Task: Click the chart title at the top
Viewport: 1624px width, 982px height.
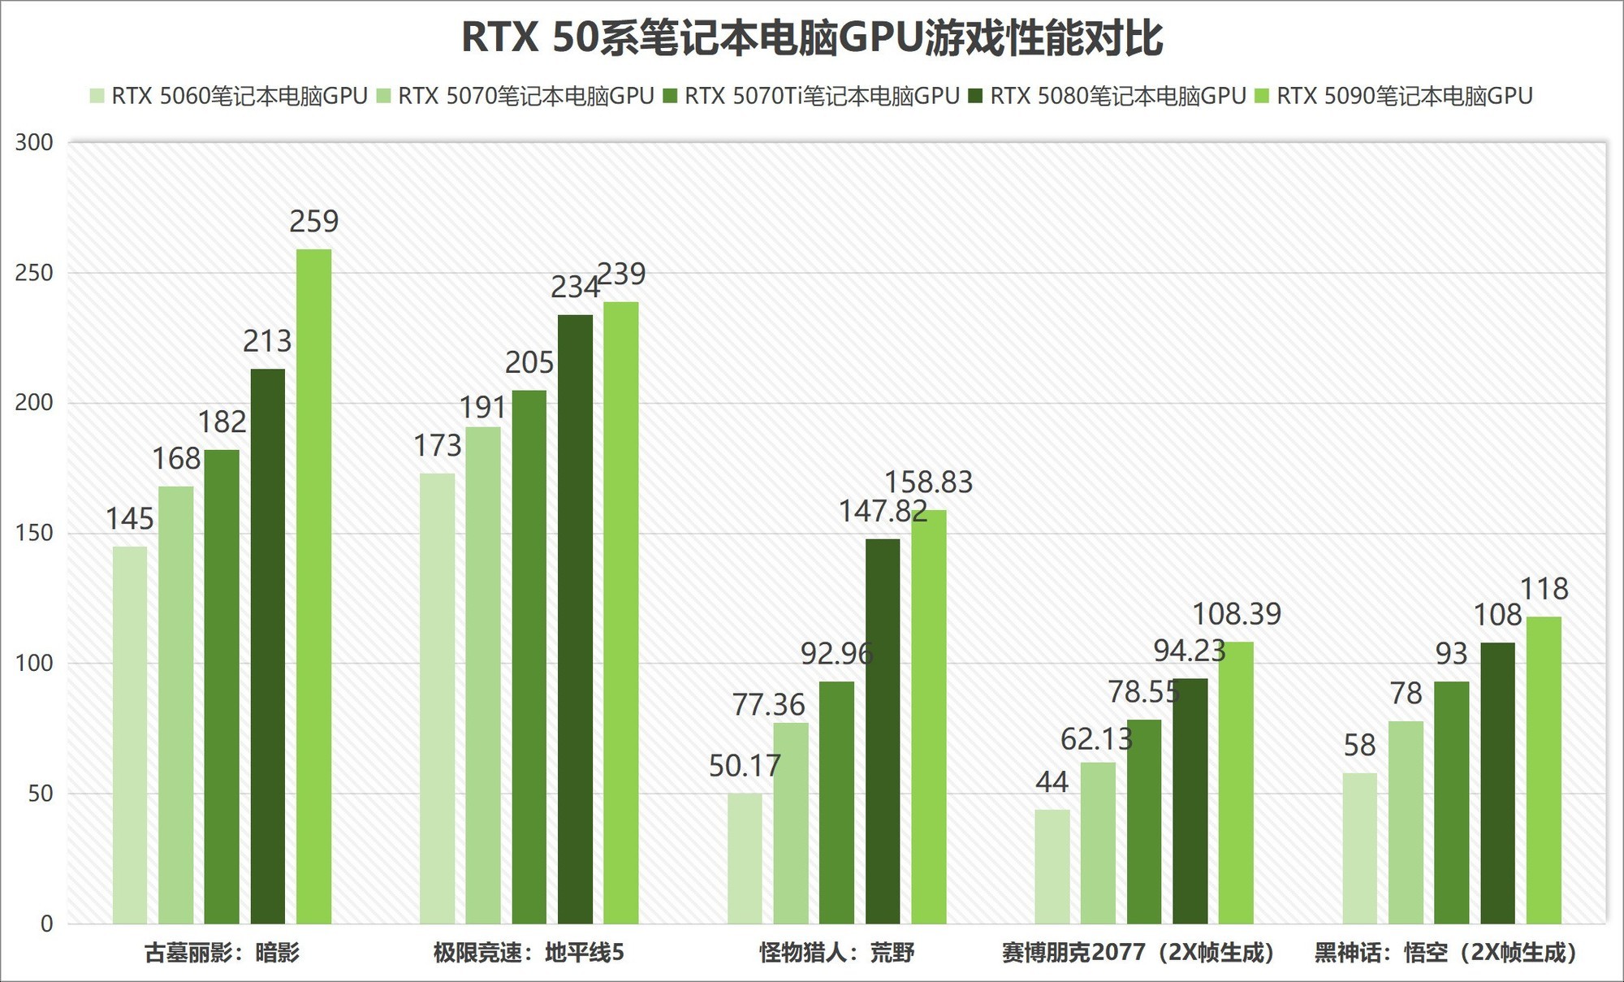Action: click(812, 38)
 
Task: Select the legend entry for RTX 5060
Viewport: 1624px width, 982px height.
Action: click(230, 96)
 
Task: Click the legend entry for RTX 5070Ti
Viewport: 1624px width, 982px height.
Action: click(812, 96)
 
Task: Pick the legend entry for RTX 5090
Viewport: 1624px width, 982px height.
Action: click(1394, 96)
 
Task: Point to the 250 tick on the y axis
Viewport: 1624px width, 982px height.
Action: click(34, 273)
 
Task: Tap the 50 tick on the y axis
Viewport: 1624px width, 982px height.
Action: click(41, 794)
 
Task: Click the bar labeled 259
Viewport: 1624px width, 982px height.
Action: click(313, 585)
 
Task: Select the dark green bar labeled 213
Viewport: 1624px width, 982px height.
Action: click(268, 646)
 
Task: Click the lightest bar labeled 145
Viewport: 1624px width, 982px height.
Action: click(130, 735)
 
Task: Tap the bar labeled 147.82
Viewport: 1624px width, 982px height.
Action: click(883, 731)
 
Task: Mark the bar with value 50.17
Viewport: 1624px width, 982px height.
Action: click(745, 859)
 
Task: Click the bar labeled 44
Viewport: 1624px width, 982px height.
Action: click(1052, 867)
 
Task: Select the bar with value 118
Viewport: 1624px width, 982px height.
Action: click(1544, 770)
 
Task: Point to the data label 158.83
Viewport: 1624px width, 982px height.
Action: click(928, 482)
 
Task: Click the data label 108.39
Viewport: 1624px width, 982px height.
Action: click(1236, 614)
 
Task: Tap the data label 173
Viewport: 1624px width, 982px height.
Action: click(437, 446)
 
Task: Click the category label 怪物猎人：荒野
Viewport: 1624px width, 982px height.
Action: click(836, 952)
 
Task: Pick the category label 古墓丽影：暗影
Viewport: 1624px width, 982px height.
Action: click(222, 952)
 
